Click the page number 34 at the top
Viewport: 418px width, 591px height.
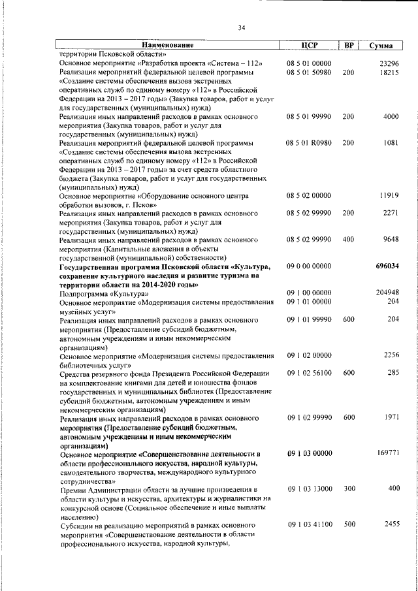click(241, 27)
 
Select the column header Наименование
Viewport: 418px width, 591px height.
click(167, 45)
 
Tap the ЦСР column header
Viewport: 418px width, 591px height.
click(309, 45)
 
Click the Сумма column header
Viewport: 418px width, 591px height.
click(381, 46)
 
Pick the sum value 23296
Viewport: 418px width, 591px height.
click(389, 63)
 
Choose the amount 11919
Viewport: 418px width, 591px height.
click(389, 195)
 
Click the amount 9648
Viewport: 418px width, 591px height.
click(391, 240)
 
